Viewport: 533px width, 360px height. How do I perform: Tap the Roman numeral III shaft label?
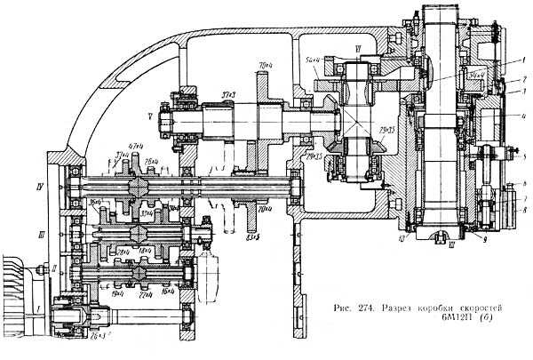coord(54,234)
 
